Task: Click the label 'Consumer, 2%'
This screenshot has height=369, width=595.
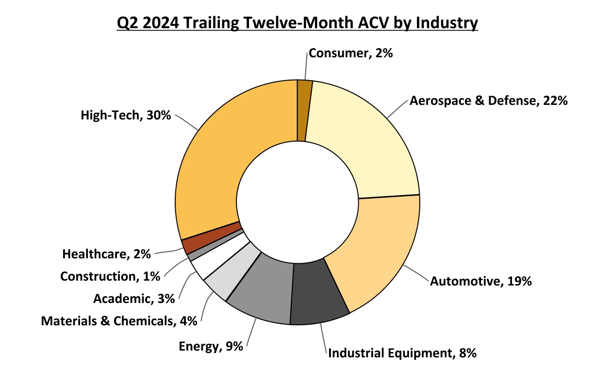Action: coord(350,53)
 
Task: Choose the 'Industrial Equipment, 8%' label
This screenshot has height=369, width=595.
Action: coord(402,353)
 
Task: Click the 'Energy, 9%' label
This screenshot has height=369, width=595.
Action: coord(211,347)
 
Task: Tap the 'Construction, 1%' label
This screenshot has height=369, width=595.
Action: coord(110,277)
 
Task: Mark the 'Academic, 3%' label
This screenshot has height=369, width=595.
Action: coord(133,299)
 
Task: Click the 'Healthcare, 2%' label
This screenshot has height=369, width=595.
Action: coord(107,254)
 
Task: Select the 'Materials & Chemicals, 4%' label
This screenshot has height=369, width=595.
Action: coord(119,321)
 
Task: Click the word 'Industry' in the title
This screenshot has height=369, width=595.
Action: coord(448,23)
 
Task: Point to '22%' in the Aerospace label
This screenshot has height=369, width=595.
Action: coord(555,101)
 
